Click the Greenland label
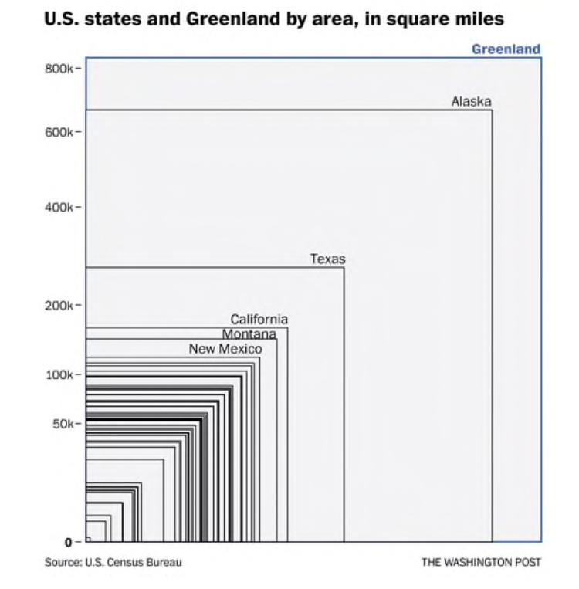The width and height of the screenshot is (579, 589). coord(506,49)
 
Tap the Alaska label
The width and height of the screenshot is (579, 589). coord(471,102)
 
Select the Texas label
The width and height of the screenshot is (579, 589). coord(327,259)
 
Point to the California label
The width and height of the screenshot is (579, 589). coord(259,320)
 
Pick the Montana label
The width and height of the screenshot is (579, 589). coord(249,334)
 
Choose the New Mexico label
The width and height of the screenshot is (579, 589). coord(225,350)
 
